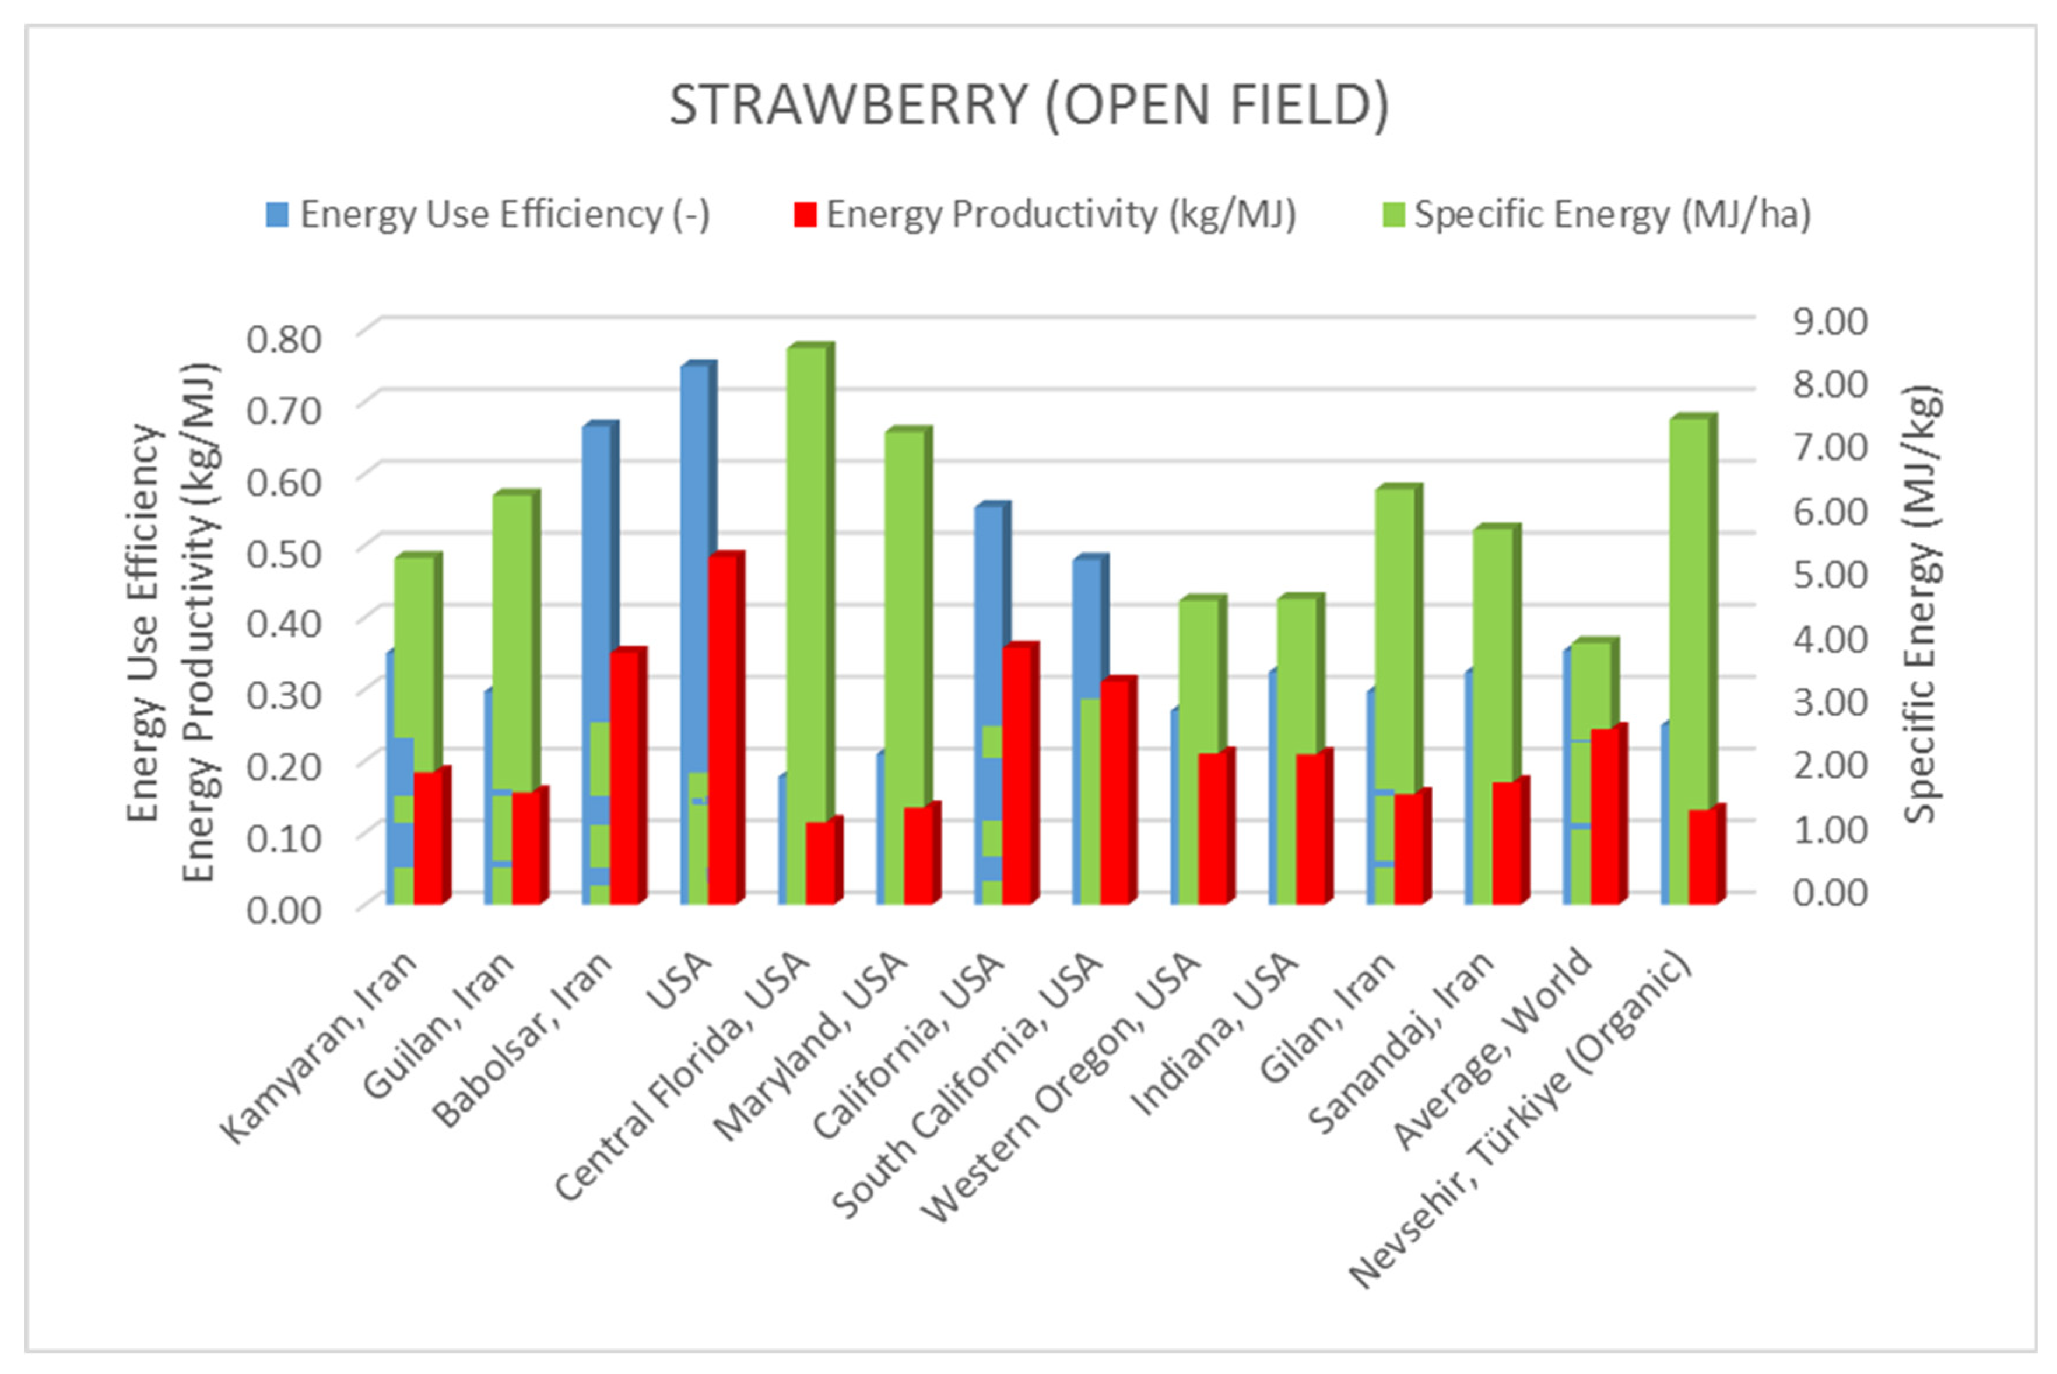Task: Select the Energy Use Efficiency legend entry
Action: point(489,215)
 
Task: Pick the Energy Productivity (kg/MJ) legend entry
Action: point(1045,215)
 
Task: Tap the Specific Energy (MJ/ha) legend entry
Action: point(1597,215)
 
